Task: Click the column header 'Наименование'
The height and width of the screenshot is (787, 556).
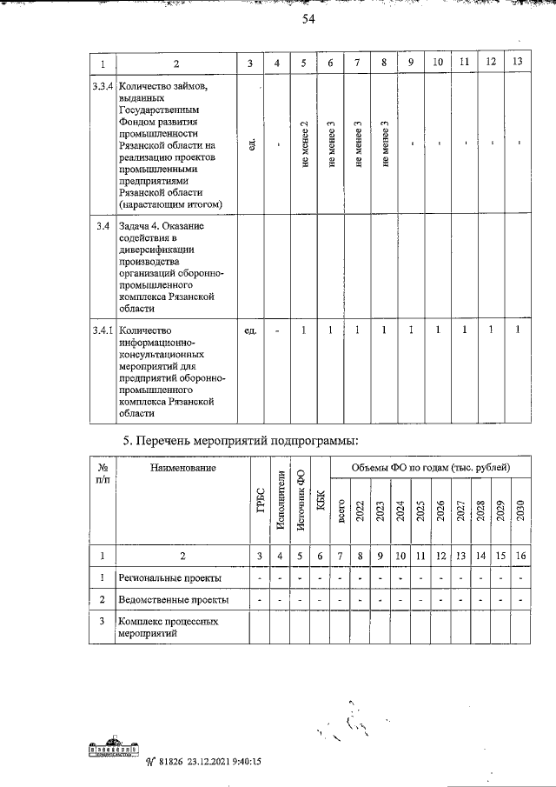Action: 182,468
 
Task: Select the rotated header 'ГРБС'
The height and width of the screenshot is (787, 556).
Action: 260,512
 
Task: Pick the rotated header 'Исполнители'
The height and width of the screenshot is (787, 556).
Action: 280,500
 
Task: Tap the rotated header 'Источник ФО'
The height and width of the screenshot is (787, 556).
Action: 301,501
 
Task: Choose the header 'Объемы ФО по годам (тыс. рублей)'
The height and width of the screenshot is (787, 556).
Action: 430,468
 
